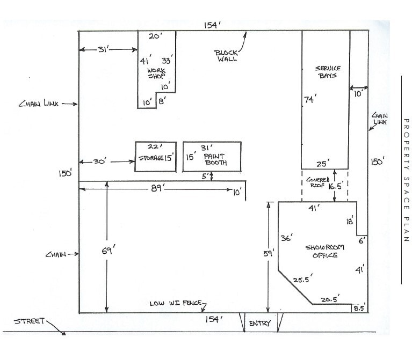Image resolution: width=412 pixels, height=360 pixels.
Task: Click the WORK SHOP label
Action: pyautogui.click(x=156, y=73)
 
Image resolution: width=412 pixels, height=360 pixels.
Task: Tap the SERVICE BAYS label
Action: pyautogui.click(x=327, y=72)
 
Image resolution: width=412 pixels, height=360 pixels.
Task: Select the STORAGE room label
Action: pyautogui.click(x=151, y=158)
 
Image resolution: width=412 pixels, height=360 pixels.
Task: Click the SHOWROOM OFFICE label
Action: pyautogui.click(x=325, y=251)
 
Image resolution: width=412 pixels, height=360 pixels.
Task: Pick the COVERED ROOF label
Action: pyautogui.click(x=317, y=182)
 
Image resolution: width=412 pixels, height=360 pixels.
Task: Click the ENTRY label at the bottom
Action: pyautogui.click(x=259, y=324)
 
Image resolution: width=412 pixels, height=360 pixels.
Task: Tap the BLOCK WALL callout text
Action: pyautogui.click(x=226, y=56)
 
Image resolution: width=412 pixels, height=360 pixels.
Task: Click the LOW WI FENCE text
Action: pyautogui.click(x=175, y=304)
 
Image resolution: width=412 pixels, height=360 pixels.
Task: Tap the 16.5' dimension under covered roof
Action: pyautogui.click(x=335, y=187)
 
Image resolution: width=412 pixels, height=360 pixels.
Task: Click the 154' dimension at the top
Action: pyautogui.click(x=212, y=25)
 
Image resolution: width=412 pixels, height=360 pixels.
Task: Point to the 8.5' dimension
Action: pyautogui.click(x=359, y=308)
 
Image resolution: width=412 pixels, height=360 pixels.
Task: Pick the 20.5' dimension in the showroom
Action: pyautogui.click(x=330, y=300)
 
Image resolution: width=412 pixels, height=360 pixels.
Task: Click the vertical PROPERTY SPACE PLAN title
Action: pyautogui.click(x=406, y=180)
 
